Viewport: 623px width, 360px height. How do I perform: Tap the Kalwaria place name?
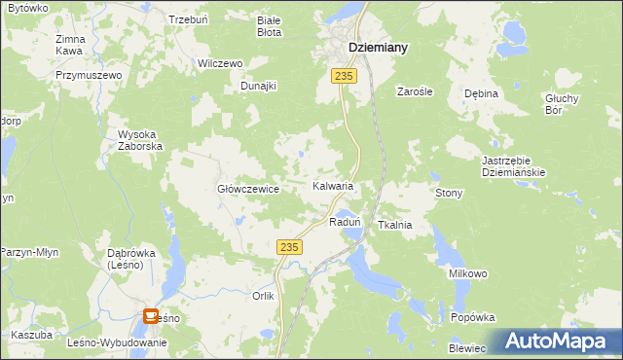(332, 185)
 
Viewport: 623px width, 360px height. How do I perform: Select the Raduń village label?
(346, 222)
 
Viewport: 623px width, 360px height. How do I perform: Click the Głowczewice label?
(248, 189)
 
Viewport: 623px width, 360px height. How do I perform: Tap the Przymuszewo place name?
(88, 75)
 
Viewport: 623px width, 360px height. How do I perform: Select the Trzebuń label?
(188, 19)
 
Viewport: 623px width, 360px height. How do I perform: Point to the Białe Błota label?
(269, 25)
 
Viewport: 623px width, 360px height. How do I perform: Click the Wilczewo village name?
(219, 63)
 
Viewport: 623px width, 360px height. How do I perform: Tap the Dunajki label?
(259, 86)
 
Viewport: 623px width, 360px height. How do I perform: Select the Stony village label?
(449, 193)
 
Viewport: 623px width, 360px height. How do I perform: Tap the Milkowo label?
(467, 274)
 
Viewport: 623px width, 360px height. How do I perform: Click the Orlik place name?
(264, 296)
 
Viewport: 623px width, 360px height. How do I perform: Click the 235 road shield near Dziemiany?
(342, 75)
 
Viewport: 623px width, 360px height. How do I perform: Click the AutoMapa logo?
(563, 340)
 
